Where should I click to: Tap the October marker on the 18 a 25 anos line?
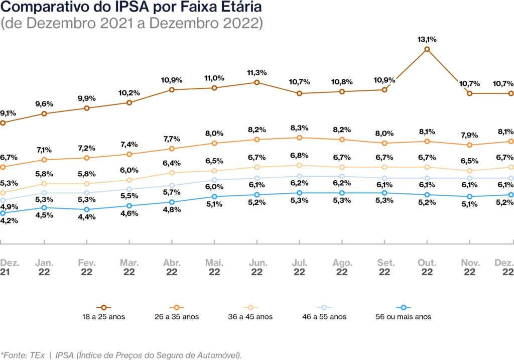pyautogui.click(x=427, y=49)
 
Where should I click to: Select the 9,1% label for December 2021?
pyautogui.click(x=9, y=113)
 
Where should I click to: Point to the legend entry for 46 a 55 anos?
pyautogui.click(x=324, y=316)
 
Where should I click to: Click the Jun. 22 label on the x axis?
pyautogui.click(x=256, y=267)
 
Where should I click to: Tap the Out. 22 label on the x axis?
pyautogui.click(x=427, y=267)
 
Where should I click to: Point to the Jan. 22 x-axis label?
pyautogui.click(x=44, y=267)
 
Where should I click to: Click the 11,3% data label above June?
pyautogui.click(x=256, y=72)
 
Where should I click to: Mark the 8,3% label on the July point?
pyautogui.click(x=299, y=128)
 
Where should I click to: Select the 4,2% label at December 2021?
pyautogui.click(x=9, y=220)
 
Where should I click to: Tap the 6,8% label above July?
pyautogui.click(x=299, y=156)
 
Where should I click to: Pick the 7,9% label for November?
pyautogui.click(x=469, y=136)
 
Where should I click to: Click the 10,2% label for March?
pyautogui.click(x=130, y=93)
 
